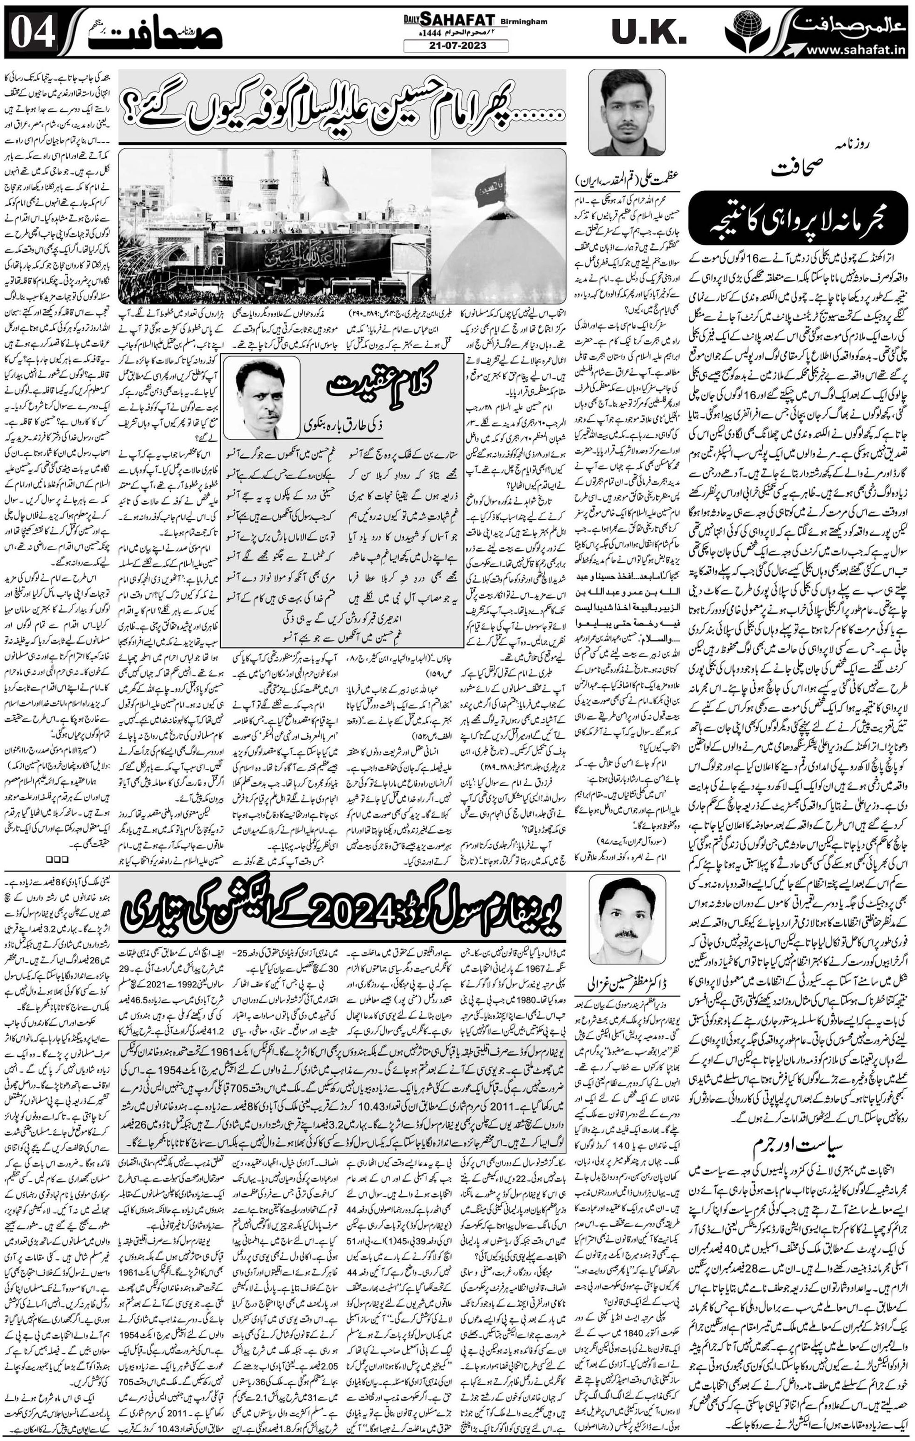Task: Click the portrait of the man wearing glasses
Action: pos(626,112)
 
